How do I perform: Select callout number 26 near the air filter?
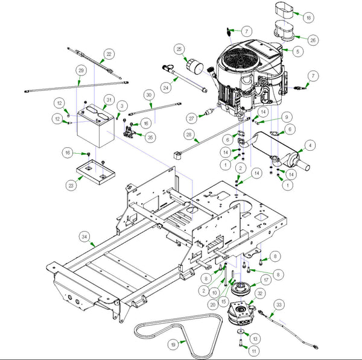[x=312, y=40]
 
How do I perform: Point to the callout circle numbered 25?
[x=179, y=48]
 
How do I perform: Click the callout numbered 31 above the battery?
[x=109, y=99]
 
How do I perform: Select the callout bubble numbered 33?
[x=278, y=306]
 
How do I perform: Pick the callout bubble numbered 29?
[x=80, y=70]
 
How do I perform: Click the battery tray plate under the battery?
[x=95, y=172]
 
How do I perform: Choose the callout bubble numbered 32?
[x=260, y=294]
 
